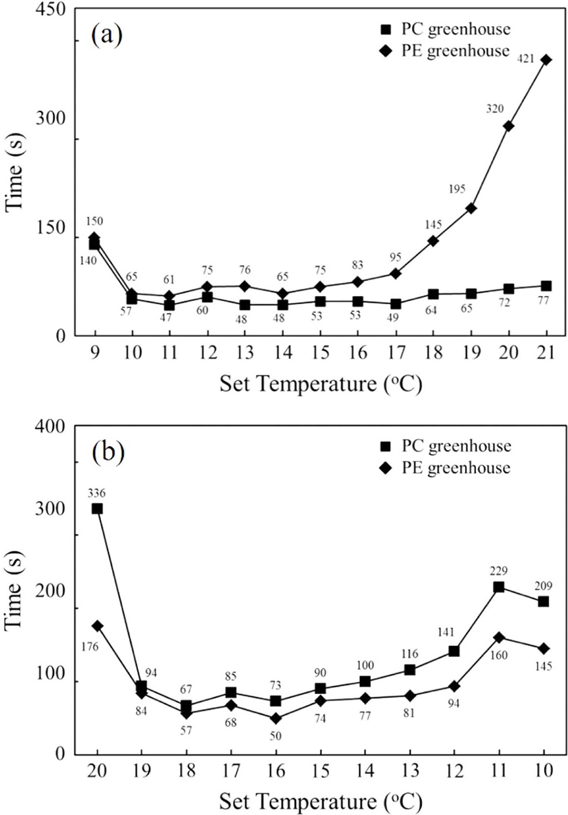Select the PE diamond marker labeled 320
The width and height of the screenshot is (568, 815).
pyautogui.click(x=509, y=126)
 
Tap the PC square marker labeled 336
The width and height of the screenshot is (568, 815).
pyautogui.click(x=97, y=509)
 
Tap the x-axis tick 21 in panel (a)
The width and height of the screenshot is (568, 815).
pyautogui.click(x=545, y=353)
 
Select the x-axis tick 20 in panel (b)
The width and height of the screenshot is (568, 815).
pyautogui.click(x=97, y=770)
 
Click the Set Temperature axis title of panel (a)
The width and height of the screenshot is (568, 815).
pyautogui.click(x=320, y=385)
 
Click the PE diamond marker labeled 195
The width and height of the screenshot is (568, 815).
pyautogui.click(x=471, y=208)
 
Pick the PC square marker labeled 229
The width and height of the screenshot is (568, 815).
pyautogui.click(x=499, y=587)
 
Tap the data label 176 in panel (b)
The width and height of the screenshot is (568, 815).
pyautogui.click(x=89, y=647)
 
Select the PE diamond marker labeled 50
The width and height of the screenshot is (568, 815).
pyautogui.click(x=276, y=718)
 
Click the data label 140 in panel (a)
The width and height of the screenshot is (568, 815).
pyautogui.click(x=88, y=261)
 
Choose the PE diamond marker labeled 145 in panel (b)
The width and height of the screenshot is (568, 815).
pyautogui.click(x=544, y=648)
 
